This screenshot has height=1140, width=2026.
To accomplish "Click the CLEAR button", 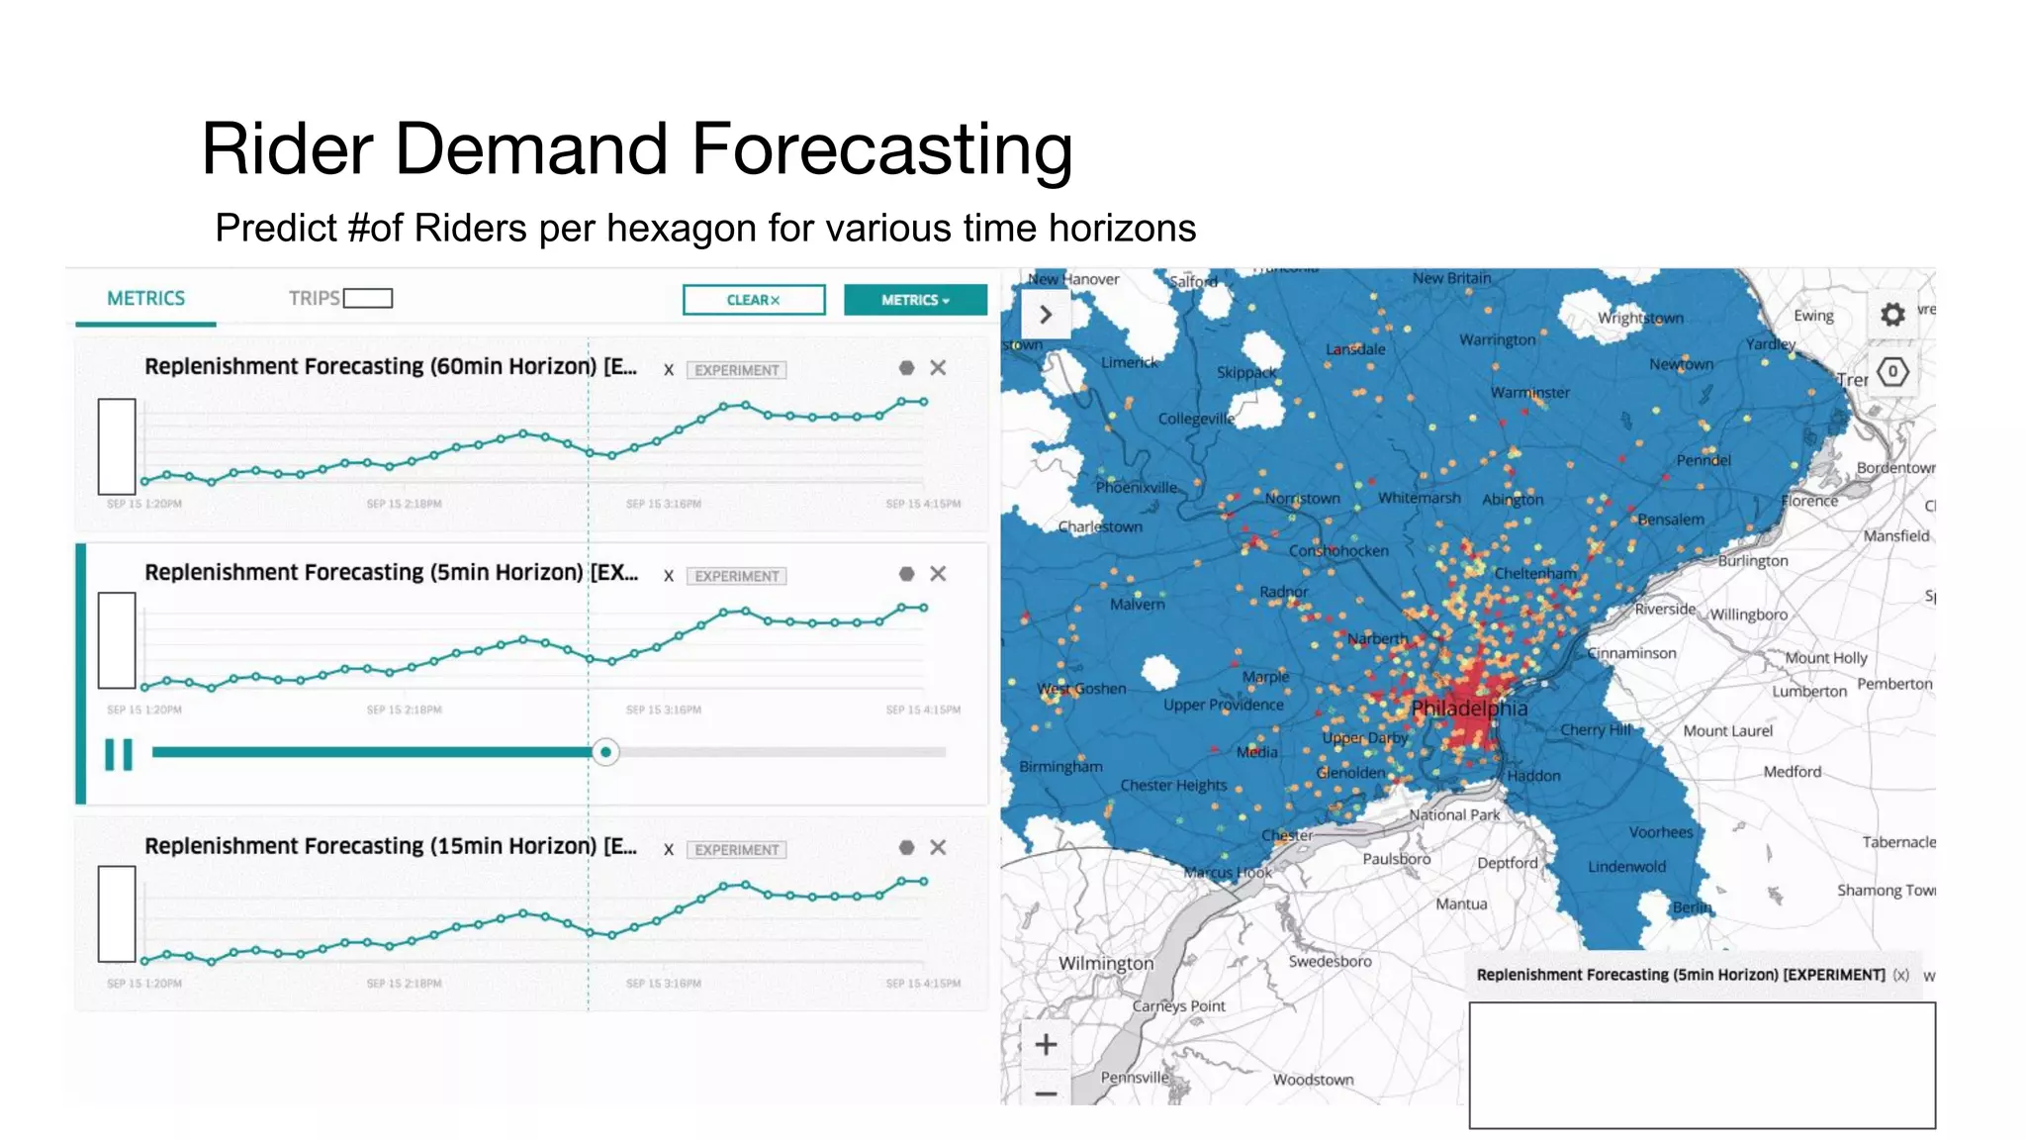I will click(x=753, y=300).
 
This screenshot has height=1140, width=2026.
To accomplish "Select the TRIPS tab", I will click(x=315, y=298).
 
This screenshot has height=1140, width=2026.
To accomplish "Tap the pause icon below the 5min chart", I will click(x=119, y=754).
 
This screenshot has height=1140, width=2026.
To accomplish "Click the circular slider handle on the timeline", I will click(x=605, y=752).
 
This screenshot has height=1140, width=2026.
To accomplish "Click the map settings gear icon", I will click(x=1891, y=315).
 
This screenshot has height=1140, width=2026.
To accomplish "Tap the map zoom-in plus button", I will click(x=1046, y=1044).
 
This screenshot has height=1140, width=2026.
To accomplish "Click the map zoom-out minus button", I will click(x=1046, y=1092).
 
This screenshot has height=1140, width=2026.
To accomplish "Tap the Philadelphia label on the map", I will click(x=1469, y=709).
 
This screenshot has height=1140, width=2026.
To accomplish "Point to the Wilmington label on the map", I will click(x=1106, y=963).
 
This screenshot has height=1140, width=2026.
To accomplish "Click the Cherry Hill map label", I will click(x=1595, y=729).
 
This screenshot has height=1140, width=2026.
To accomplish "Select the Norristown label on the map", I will click(x=1302, y=498).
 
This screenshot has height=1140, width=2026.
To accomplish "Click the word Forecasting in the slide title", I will click(x=880, y=148).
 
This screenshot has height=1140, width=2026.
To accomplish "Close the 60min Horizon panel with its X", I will click(x=938, y=368).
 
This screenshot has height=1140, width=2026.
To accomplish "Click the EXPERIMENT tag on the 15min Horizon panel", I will click(x=736, y=849).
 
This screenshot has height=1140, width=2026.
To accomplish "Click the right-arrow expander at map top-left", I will click(x=1045, y=315).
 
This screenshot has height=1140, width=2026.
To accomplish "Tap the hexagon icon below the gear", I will click(x=1891, y=372).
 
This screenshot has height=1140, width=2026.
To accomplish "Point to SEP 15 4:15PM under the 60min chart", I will click(x=922, y=504).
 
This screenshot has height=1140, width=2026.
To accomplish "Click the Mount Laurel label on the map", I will click(x=1727, y=730).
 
